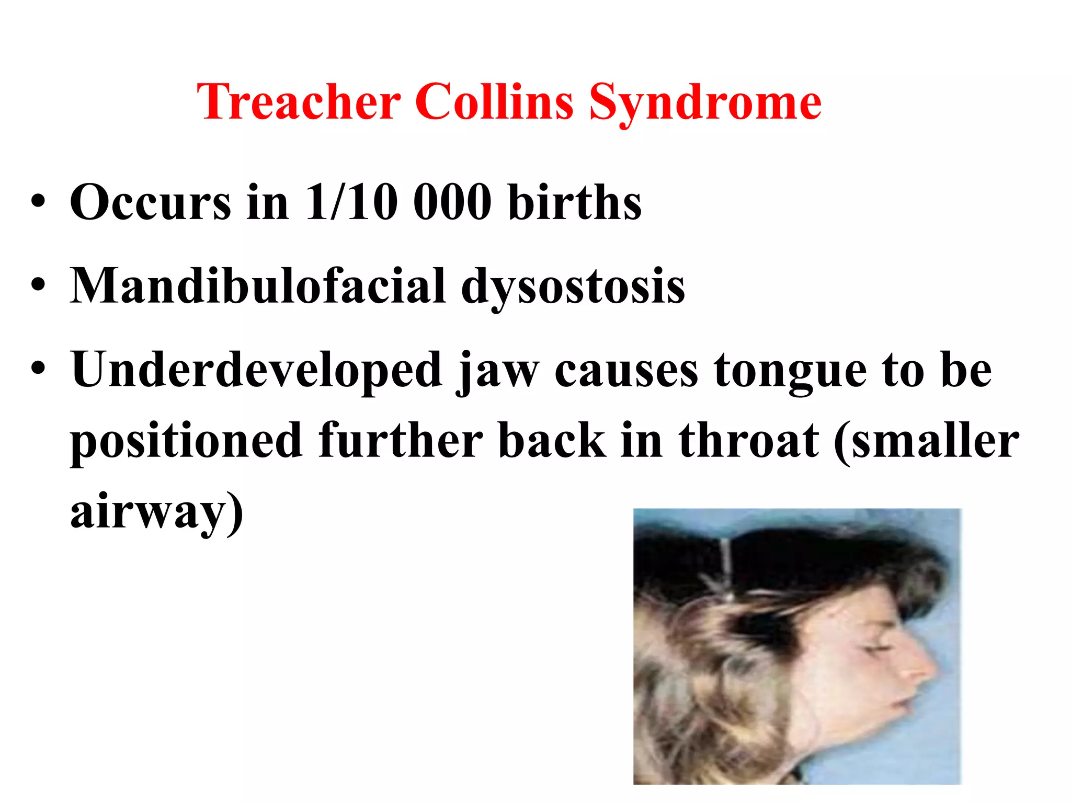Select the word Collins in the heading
coord(494,102)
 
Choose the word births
coord(575,202)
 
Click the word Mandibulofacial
coord(258,286)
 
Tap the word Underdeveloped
coord(257,370)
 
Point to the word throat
coord(748,441)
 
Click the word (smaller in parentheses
coord(926,441)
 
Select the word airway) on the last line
coord(157,512)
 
